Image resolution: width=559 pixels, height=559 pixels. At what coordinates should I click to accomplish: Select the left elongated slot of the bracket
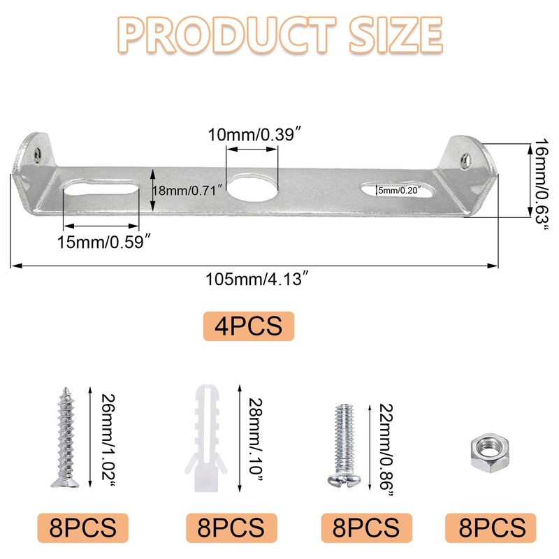100,189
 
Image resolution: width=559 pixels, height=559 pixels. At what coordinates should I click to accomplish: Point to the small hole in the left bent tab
35,147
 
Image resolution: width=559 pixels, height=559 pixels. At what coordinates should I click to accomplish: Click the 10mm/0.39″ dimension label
252,134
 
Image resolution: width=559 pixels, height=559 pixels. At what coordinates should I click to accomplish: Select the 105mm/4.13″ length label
256,280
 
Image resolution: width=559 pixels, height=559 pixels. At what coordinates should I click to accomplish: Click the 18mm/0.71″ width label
187,189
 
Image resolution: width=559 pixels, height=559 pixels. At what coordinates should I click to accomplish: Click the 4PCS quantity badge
249,326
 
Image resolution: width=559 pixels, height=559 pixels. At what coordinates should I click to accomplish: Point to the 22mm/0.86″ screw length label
385,448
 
